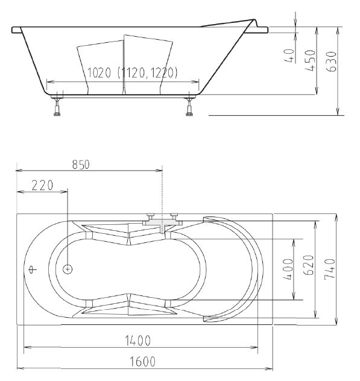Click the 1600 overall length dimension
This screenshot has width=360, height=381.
143,361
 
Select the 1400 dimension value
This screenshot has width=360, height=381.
138,341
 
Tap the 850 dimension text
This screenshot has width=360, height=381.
81,165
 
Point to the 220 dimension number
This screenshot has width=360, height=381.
42,186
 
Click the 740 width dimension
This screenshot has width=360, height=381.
330,269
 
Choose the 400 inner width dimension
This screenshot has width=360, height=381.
289,269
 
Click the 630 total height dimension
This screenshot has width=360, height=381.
332,61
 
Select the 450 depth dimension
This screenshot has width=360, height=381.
311,60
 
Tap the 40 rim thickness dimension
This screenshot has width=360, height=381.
289,55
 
